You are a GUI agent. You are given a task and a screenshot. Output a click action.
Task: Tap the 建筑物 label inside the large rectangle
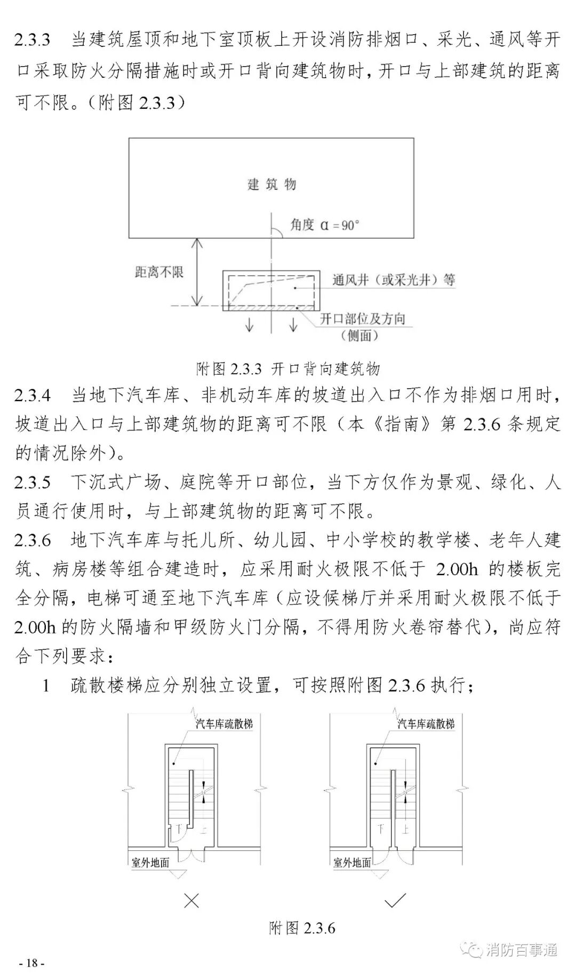271,184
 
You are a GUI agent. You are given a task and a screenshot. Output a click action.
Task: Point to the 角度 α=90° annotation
324,225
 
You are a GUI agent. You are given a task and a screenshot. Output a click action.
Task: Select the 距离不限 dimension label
159,272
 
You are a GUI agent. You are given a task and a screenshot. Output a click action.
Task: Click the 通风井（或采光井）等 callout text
394,280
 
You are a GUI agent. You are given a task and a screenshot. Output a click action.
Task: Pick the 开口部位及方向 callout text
363,319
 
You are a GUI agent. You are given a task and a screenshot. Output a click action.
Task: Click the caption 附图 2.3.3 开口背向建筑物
288,368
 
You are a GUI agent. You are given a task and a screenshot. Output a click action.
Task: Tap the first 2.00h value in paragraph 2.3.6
457,569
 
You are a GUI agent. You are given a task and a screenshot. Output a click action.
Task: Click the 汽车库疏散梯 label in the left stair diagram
224,724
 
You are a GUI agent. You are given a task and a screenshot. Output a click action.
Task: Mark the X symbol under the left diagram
191,901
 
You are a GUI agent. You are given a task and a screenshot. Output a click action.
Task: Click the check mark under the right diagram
395,901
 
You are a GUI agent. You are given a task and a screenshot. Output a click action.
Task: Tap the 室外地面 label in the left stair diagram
150,863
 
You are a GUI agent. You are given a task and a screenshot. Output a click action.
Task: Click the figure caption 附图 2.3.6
302,928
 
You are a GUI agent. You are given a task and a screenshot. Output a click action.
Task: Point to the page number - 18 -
31,963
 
